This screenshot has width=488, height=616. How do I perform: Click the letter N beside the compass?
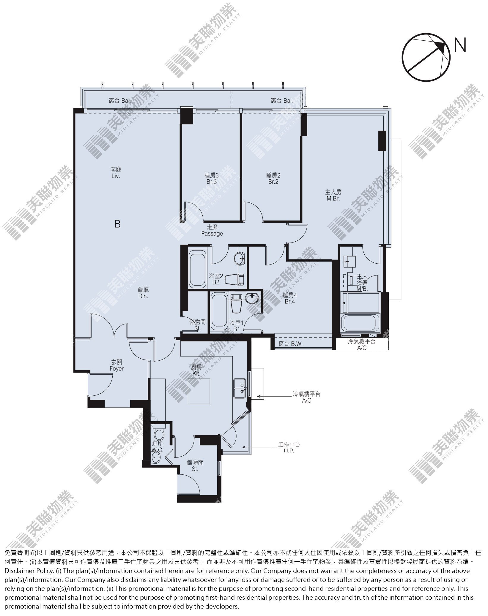point(460,45)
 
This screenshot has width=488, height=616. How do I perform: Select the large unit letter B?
point(117,224)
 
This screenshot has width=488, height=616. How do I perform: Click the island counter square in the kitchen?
point(199,391)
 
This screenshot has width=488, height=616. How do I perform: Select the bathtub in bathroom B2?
point(198,269)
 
